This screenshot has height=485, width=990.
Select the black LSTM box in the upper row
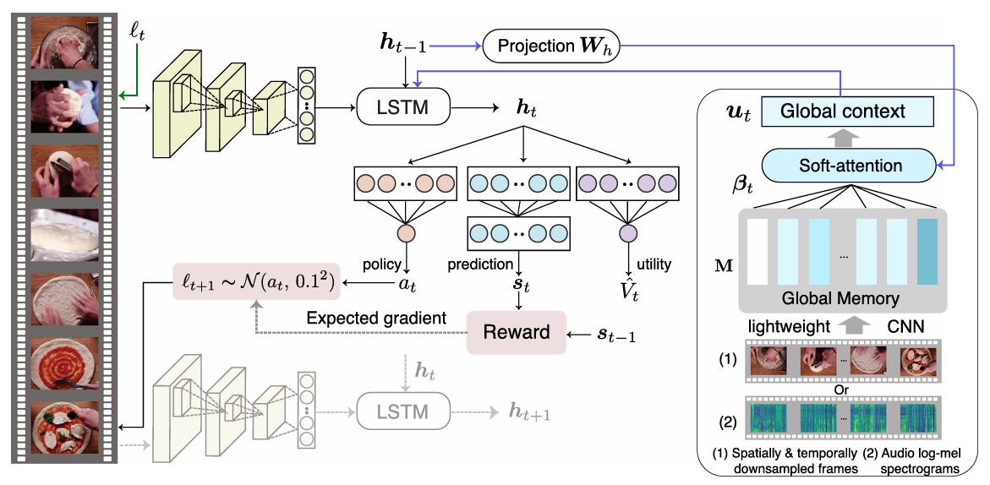click(402, 107)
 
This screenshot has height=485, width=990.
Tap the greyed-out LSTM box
click(402, 411)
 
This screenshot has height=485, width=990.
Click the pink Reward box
click(516, 332)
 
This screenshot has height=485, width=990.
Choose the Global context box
click(842, 111)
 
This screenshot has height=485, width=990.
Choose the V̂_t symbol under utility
click(628, 290)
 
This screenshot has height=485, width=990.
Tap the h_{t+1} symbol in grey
click(529, 411)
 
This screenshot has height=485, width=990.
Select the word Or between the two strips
click(840, 389)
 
